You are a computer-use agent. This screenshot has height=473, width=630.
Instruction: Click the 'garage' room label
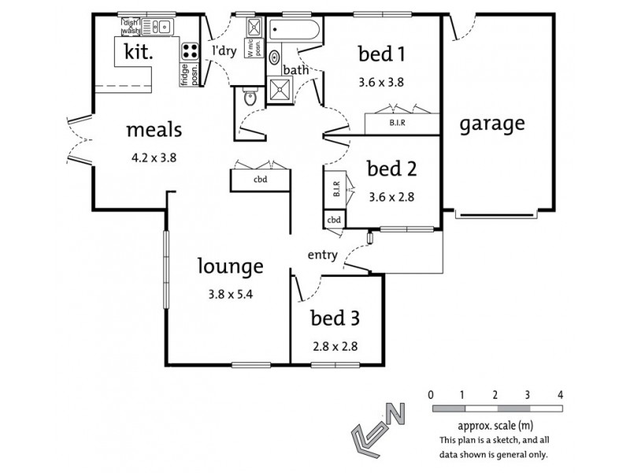pos(492,124)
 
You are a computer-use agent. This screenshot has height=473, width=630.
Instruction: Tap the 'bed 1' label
pos(381,54)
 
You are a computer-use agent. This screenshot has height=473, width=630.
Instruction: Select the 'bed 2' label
pos(391,169)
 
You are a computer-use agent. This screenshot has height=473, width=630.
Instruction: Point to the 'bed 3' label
pos(335,318)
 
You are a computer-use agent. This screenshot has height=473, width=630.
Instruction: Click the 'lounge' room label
pos(230,266)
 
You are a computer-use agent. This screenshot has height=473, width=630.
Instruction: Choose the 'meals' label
pos(154,130)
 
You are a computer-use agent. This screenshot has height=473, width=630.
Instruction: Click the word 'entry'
pos(322,254)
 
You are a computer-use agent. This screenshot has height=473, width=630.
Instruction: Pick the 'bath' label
pos(296,70)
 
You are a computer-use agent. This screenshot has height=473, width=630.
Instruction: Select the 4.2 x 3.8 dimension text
pos(154,156)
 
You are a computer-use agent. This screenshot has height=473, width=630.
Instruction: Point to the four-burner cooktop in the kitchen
pos(190,51)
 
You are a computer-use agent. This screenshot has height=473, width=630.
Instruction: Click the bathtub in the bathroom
pos(295,32)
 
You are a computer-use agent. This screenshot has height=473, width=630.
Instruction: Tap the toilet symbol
pos(250,99)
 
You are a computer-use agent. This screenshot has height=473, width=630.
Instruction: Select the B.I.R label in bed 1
pos(398,123)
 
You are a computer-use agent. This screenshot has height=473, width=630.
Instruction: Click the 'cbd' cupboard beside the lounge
pos(260,179)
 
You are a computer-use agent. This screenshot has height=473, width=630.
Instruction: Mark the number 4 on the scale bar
pos(560,393)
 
